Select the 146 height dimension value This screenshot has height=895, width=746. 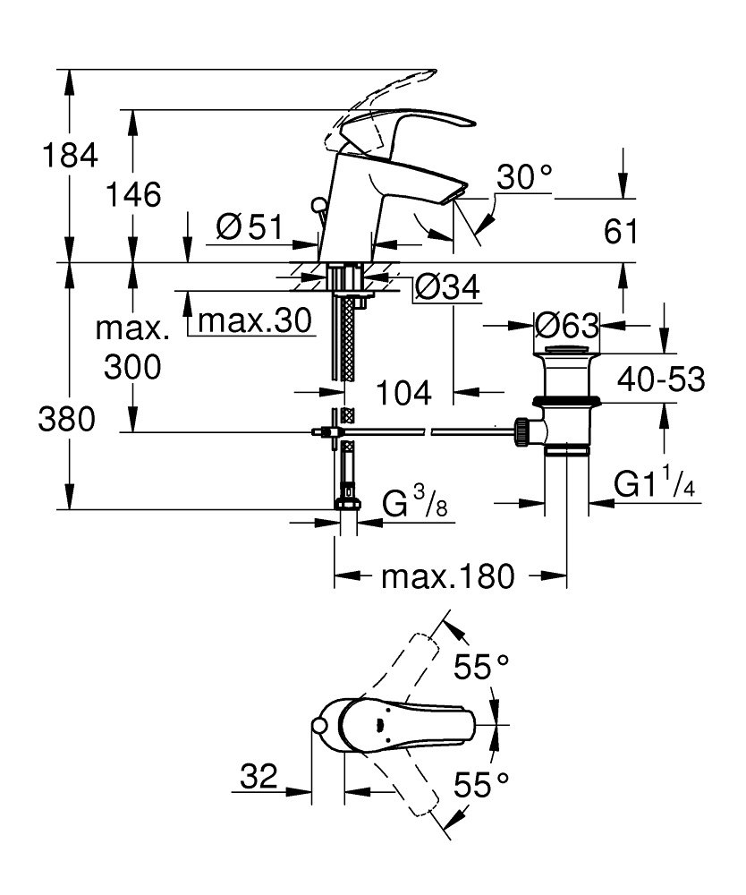point(134,194)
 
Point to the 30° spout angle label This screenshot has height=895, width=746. point(524,178)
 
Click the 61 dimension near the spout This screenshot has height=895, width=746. point(621,231)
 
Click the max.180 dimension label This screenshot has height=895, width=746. point(449,576)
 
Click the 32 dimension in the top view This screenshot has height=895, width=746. point(258,775)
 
